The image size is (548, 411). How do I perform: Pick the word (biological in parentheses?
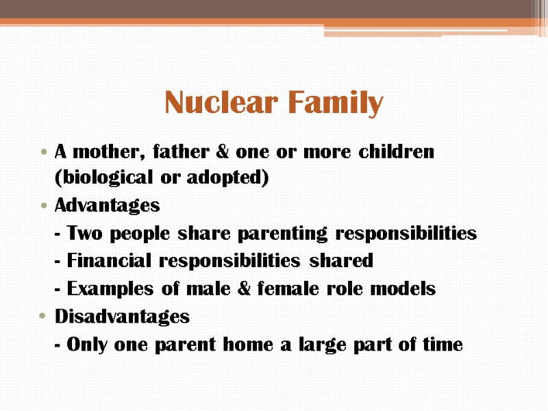coord(103,178)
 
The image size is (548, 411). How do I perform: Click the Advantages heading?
coord(107,206)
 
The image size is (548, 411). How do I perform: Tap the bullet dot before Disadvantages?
coord(44,316)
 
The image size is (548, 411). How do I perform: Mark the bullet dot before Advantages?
coord(44,206)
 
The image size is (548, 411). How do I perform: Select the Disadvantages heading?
coord(122,316)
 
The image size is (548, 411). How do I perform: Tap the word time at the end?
coord(443,345)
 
